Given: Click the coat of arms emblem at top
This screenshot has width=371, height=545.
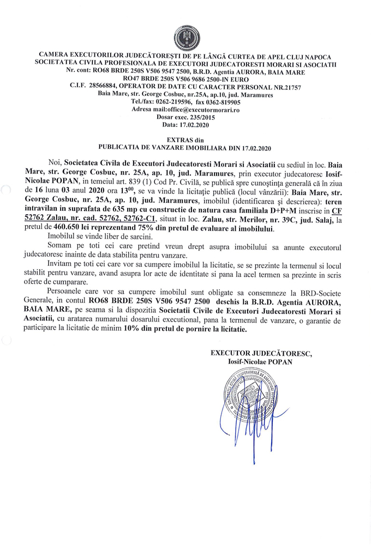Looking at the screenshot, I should [x=185, y=38].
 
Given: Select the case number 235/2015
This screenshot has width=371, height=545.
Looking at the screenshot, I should [x=198, y=117].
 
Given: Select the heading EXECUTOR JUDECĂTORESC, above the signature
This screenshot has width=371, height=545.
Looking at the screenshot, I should [x=261, y=353].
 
